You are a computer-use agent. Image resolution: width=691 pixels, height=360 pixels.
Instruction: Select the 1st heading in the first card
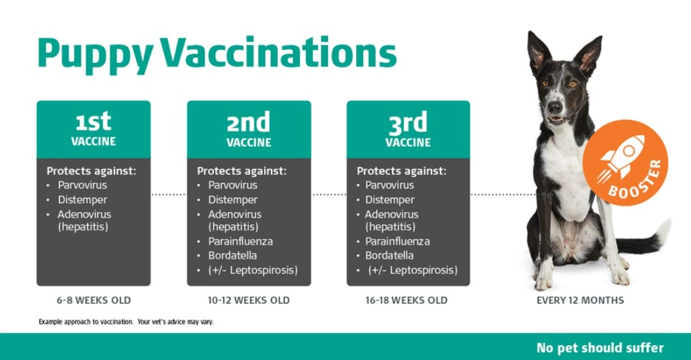tap(93, 120)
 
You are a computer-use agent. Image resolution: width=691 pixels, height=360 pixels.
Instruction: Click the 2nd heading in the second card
tap(248, 120)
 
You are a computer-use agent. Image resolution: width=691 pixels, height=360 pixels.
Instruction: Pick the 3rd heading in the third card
tap(408, 120)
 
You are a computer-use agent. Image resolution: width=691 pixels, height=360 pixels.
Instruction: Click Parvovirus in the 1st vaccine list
tap(82, 185)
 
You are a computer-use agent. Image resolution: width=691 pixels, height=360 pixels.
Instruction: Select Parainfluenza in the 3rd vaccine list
tap(397, 241)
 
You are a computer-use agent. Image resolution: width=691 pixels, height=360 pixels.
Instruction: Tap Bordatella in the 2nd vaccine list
tap(232, 256)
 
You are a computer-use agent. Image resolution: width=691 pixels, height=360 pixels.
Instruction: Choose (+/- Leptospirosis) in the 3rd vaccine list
tap(412, 270)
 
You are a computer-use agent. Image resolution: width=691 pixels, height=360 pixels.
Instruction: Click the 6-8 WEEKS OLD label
tap(93, 300)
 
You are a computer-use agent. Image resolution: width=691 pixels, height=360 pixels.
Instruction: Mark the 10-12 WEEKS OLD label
tap(248, 300)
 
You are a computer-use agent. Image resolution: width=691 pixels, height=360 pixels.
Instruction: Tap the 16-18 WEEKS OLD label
tap(407, 300)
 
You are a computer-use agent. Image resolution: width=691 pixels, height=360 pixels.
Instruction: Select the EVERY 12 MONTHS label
tap(580, 300)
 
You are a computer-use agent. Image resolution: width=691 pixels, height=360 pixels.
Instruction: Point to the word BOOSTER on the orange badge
tap(635, 179)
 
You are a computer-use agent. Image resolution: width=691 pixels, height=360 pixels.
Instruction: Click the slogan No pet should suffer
tap(600, 348)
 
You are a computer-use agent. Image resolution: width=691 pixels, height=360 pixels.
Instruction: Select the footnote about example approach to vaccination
tap(126, 322)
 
